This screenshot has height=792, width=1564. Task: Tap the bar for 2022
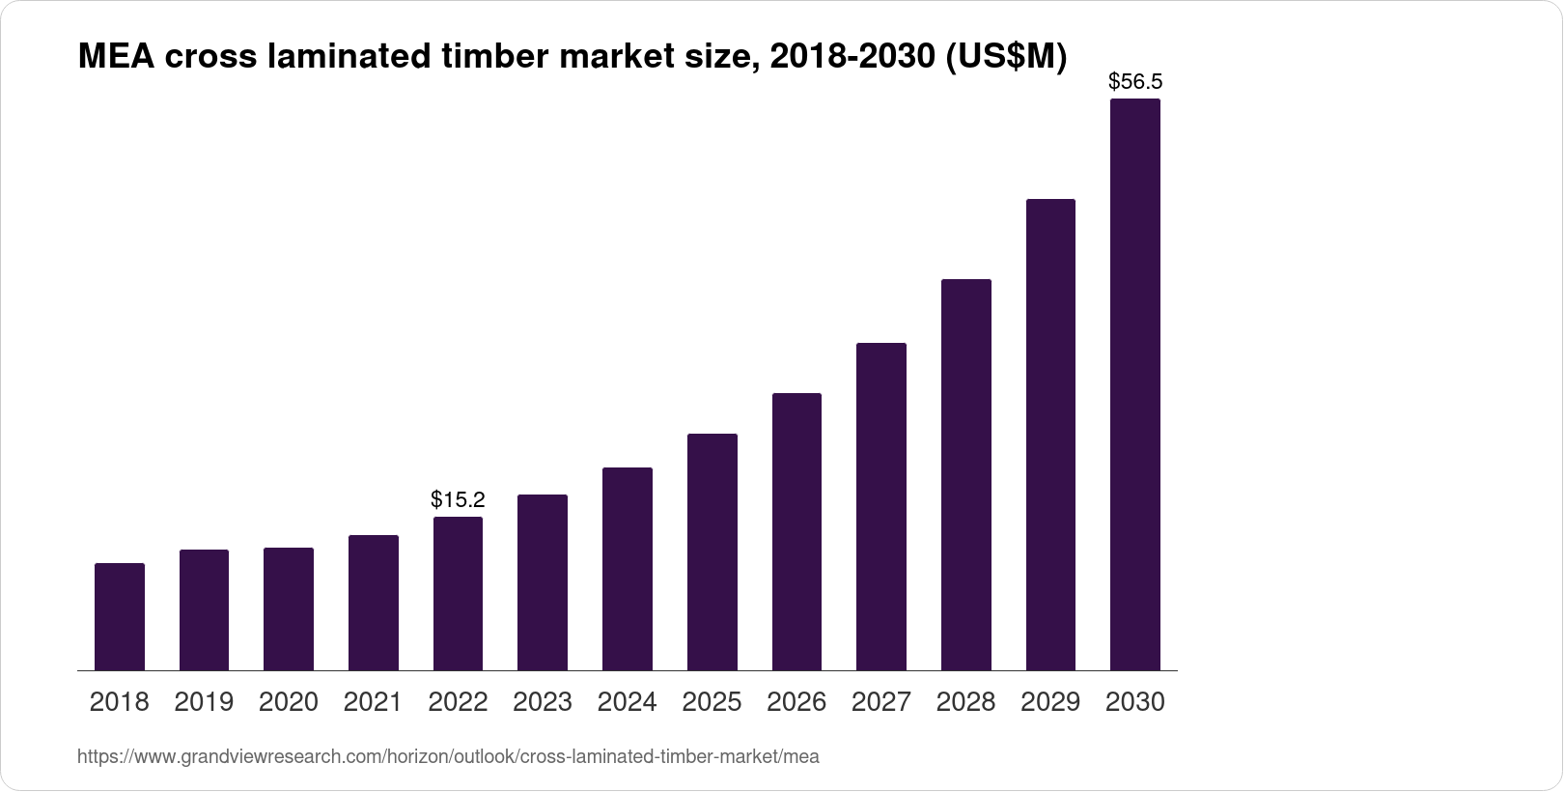coord(458,593)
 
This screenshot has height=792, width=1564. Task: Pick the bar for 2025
coord(712,552)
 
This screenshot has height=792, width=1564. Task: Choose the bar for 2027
coord(881,506)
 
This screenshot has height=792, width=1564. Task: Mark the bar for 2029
coord(1050,435)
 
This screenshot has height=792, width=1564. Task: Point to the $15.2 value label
coord(458,499)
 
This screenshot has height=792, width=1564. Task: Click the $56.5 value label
coord(1135,81)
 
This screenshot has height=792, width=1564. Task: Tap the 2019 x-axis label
coord(204,702)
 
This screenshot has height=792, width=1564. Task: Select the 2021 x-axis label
coord(373,702)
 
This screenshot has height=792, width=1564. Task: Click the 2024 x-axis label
coord(628,702)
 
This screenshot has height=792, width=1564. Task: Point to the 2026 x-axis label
coord(796,702)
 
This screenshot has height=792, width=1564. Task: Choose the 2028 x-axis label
coord(965,702)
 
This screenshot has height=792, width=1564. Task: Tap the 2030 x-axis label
coord(1135,702)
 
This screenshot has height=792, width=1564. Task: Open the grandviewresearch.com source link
coord(448,757)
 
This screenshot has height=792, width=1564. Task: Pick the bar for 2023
coord(543,582)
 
